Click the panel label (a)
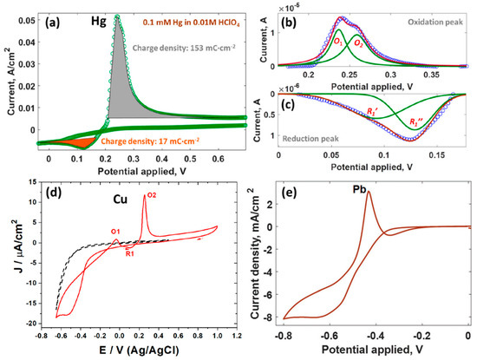point(54,16)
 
